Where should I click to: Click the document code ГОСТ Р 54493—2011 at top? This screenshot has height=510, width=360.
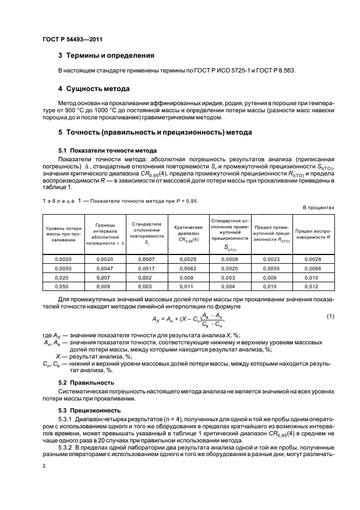[x=72, y=39]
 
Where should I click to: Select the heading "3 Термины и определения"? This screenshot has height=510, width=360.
[x=106, y=56]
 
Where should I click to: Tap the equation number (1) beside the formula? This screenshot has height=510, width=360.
[x=330, y=316]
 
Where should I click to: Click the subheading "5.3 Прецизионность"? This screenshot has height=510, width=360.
[x=90, y=410]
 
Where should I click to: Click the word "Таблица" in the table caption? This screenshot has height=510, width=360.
[x=57, y=201]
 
